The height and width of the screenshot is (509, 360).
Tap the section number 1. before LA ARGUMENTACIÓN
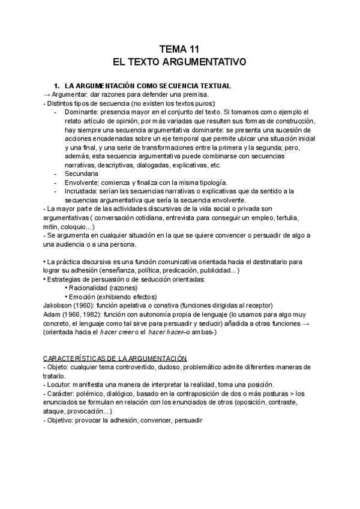pyautogui.click(x=57, y=86)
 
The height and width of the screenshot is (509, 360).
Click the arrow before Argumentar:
pyautogui.click(x=46, y=95)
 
